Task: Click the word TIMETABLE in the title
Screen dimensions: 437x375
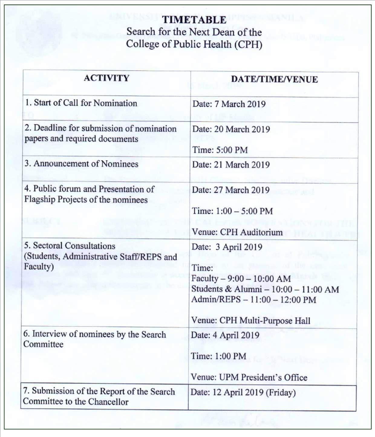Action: pyautogui.click(x=194, y=20)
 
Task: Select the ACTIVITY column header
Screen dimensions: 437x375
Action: pyautogui.click(x=106, y=78)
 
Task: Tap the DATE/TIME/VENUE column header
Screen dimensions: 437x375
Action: pyautogui.click(x=274, y=79)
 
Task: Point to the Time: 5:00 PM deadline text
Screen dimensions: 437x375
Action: pyautogui.click(x=220, y=150)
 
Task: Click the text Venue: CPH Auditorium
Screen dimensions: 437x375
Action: pyautogui.click(x=237, y=232)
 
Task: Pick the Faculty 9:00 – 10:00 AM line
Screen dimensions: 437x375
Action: pyautogui.click(x=241, y=279)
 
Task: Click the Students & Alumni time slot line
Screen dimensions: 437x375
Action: pyautogui.click(x=265, y=289)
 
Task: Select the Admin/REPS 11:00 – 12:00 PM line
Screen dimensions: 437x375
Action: pyautogui.click(x=254, y=300)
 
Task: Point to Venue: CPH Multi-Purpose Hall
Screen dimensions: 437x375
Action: pyautogui.click(x=251, y=320)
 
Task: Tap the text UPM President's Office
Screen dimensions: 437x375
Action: pyautogui.click(x=263, y=377)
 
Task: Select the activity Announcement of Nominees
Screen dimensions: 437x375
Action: pyautogui.click(x=86, y=164)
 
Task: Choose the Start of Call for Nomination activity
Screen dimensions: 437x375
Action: pyautogui.click(x=85, y=103)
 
